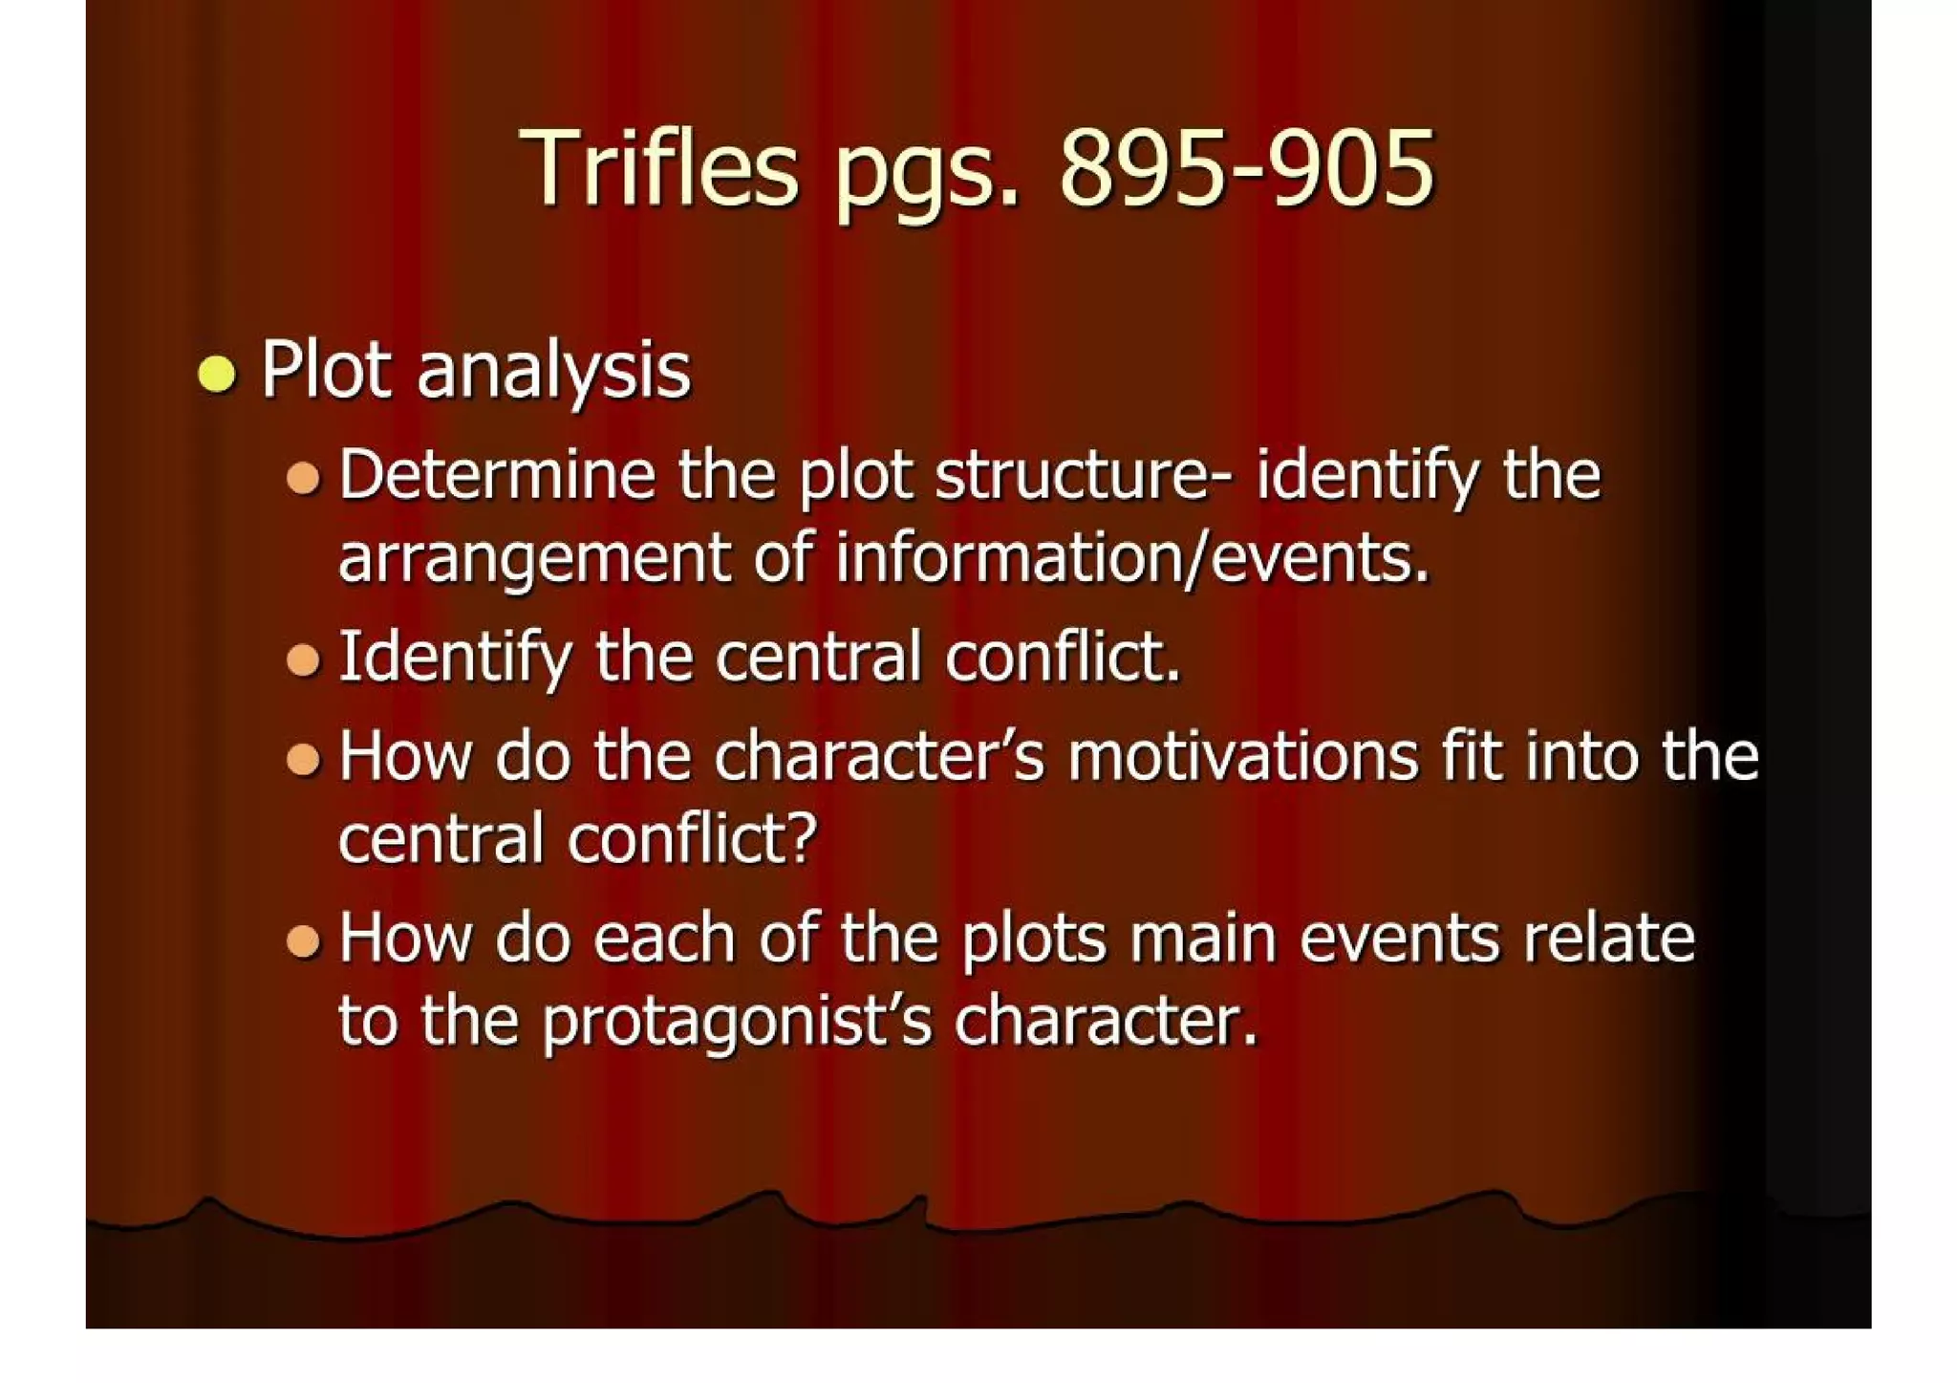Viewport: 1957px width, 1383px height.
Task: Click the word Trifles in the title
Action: (x=658, y=170)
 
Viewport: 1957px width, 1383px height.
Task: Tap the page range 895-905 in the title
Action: (x=1246, y=170)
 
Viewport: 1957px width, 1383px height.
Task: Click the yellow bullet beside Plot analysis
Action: (x=217, y=373)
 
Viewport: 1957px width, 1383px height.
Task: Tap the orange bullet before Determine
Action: (x=303, y=476)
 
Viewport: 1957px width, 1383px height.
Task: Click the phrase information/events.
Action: (x=1132, y=558)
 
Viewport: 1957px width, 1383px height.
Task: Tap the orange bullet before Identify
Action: (x=303, y=659)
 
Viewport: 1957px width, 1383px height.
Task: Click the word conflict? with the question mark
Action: (x=692, y=839)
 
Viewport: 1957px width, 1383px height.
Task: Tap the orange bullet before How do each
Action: (x=303, y=940)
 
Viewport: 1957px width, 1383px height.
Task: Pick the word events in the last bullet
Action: (x=1399, y=939)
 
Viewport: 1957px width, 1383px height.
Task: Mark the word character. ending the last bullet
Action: (x=1106, y=1021)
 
